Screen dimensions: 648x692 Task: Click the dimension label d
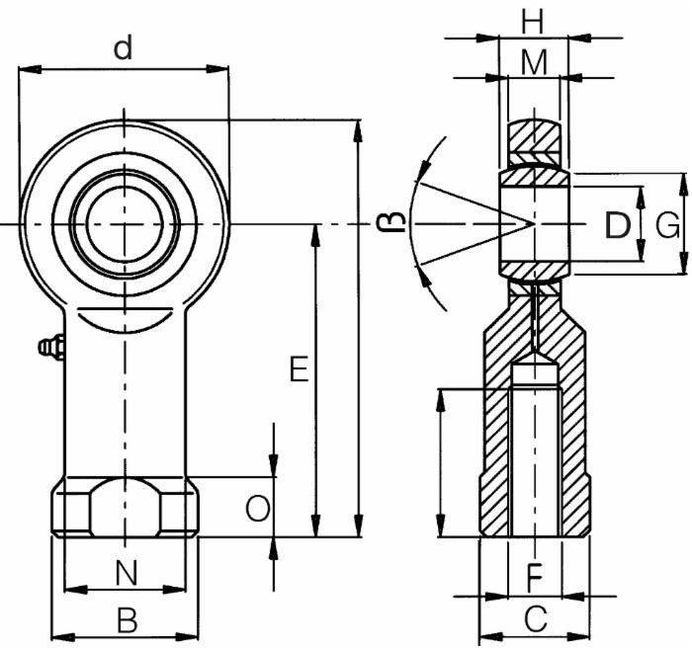pos(123,48)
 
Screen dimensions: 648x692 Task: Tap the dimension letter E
pos(299,370)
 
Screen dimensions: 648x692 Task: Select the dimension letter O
pos(256,509)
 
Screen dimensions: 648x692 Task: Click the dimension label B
pos(127,620)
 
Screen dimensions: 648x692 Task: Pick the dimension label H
pos(534,20)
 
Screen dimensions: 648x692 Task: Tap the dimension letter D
pos(617,226)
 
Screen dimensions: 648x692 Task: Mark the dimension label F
pos(534,574)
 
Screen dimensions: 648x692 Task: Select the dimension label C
pos(535,620)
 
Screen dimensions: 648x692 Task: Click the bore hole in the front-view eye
pos(125,223)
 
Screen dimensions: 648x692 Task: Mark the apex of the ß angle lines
pos(534,224)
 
